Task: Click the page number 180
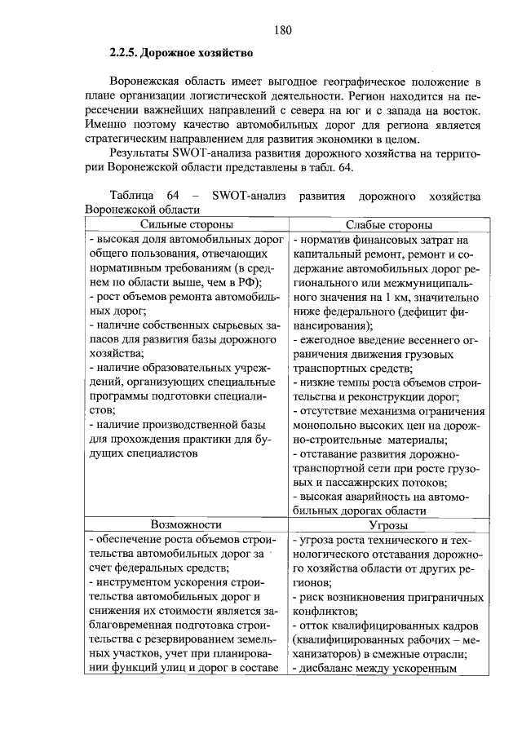282,31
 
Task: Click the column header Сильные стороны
187,225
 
